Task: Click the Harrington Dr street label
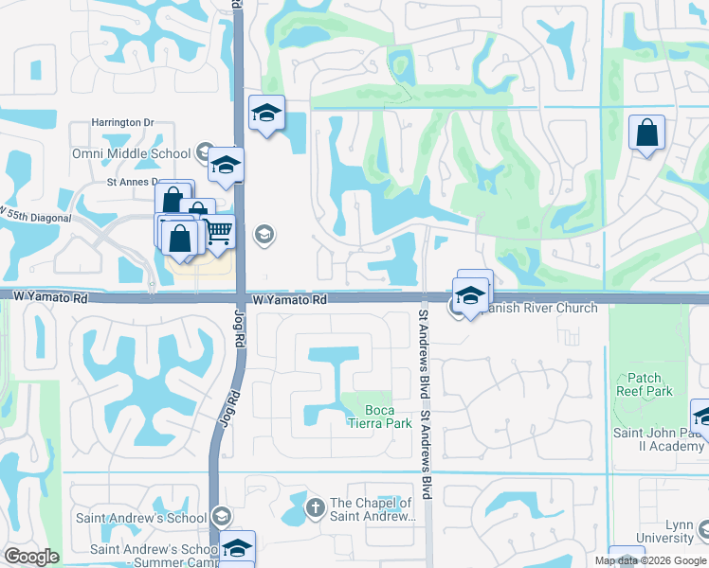[122, 123]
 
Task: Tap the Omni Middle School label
[130, 153]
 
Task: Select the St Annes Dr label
[131, 183]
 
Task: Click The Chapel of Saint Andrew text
[371, 509]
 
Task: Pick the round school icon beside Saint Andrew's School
[222, 516]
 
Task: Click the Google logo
[31, 557]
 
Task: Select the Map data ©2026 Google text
[651, 560]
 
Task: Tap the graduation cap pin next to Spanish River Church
[470, 294]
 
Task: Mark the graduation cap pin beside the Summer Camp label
[237, 547]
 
